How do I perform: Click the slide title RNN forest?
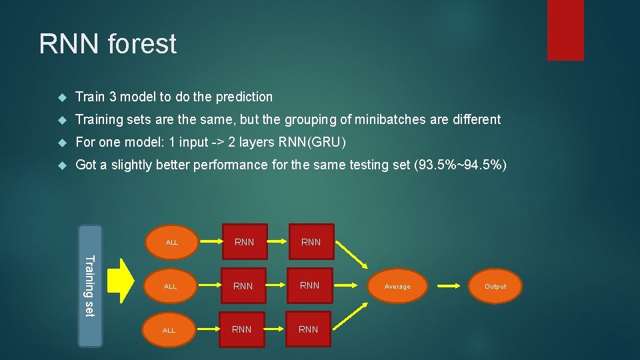pos(108,45)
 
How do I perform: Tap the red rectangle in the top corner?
pos(565,30)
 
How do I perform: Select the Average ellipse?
pos(397,287)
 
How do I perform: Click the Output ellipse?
pos(495,287)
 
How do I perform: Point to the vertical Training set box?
pos(91,287)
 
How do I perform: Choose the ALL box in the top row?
pos(172,242)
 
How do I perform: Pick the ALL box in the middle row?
pos(171,286)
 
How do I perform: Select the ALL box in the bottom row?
pos(169,330)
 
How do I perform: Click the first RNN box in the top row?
pos(245,242)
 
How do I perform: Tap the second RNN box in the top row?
pos(311,242)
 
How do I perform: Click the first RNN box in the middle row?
pos(243,286)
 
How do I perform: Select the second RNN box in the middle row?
pos(309,285)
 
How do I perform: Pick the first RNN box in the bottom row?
pos(241,329)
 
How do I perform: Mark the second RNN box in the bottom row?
pos(308,329)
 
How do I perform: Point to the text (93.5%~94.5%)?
pos(460,165)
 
